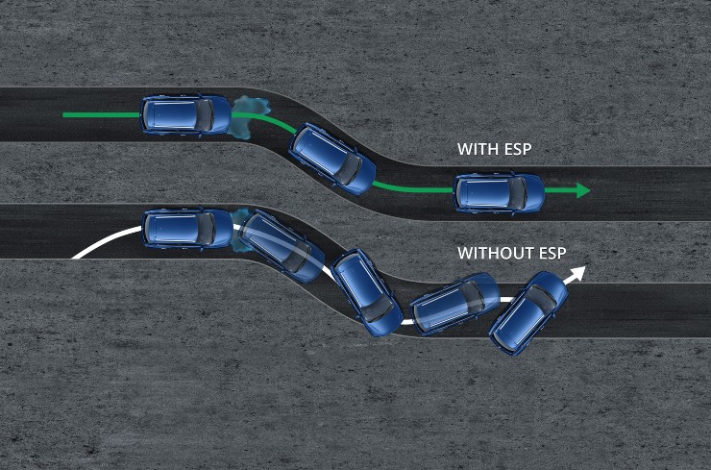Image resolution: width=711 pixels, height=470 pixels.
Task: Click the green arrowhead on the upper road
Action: click(583, 190)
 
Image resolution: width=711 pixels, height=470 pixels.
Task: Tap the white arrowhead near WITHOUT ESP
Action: click(576, 274)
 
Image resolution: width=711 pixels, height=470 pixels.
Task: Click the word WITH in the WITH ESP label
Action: click(477, 149)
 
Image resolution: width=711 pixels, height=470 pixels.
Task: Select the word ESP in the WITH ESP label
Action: click(516, 149)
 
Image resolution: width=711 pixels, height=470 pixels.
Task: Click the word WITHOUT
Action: click(493, 253)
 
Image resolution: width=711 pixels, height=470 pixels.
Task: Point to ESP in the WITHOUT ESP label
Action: click(551, 253)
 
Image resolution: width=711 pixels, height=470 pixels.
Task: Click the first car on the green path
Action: click(185, 114)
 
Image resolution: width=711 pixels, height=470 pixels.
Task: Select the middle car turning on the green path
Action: click(332, 159)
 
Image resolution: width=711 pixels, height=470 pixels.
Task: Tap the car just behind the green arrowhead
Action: click(499, 193)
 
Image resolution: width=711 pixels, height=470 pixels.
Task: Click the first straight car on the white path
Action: click(187, 229)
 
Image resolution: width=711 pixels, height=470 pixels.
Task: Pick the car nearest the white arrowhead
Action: click(528, 313)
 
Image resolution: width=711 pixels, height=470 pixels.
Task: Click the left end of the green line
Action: click(64, 114)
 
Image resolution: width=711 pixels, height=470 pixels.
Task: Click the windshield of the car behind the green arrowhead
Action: click(518, 193)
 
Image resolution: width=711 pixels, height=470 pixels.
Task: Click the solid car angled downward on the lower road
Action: click(366, 292)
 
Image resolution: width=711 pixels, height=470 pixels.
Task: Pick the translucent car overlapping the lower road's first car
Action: click(282, 246)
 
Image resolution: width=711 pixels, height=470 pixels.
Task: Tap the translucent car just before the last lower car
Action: click(454, 303)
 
